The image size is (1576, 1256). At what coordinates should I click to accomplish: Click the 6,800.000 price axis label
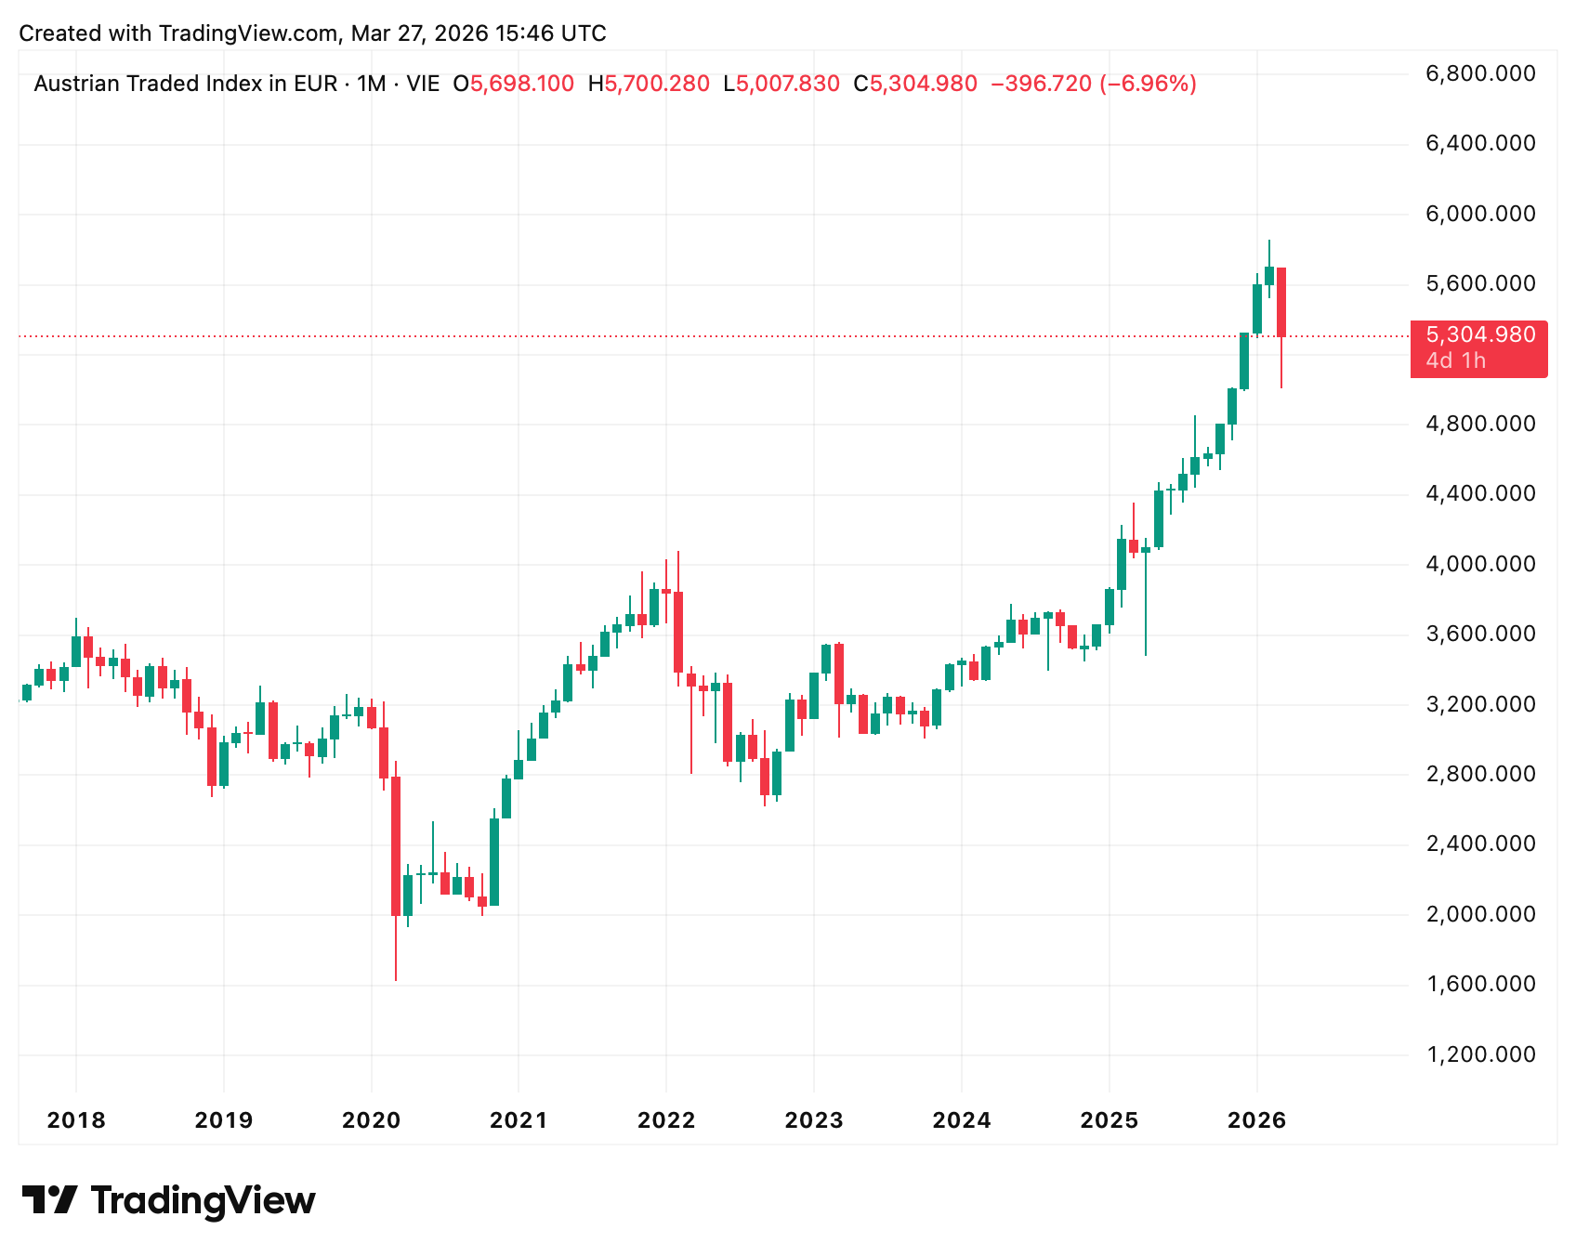tap(1480, 73)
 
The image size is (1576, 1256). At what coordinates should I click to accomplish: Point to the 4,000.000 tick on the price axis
tap(1480, 564)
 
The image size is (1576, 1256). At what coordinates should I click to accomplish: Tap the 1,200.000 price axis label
tap(1480, 1054)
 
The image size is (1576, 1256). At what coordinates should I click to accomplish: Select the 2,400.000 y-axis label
tap(1480, 844)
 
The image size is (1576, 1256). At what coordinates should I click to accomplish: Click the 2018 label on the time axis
tap(76, 1120)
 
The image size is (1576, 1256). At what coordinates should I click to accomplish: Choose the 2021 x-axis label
tap(519, 1120)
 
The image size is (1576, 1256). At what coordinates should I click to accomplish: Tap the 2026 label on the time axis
tap(1256, 1120)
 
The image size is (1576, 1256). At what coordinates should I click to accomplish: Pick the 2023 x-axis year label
tap(814, 1120)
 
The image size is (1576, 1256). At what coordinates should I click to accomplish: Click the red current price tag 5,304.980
tap(1480, 335)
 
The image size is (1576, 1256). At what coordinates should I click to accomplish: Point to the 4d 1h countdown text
tap(1456, 360)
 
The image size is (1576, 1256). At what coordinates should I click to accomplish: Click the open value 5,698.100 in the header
tap(522, 85)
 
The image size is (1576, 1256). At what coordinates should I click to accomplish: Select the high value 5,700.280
tap(657, 85)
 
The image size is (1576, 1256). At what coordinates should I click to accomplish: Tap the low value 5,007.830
tap(788, 85)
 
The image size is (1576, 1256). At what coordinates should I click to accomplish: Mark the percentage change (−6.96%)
tap(1148, 85)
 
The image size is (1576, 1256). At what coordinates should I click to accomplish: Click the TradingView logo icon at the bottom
tap(49, 1200)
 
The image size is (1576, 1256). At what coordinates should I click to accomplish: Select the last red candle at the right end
tap(1281, 303)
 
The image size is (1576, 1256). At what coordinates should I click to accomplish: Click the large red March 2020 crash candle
tap(396, 845)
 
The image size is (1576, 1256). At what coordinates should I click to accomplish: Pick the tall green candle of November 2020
tap(494, 861)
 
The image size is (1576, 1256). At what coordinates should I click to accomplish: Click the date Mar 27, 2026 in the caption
tap(419, 33)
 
